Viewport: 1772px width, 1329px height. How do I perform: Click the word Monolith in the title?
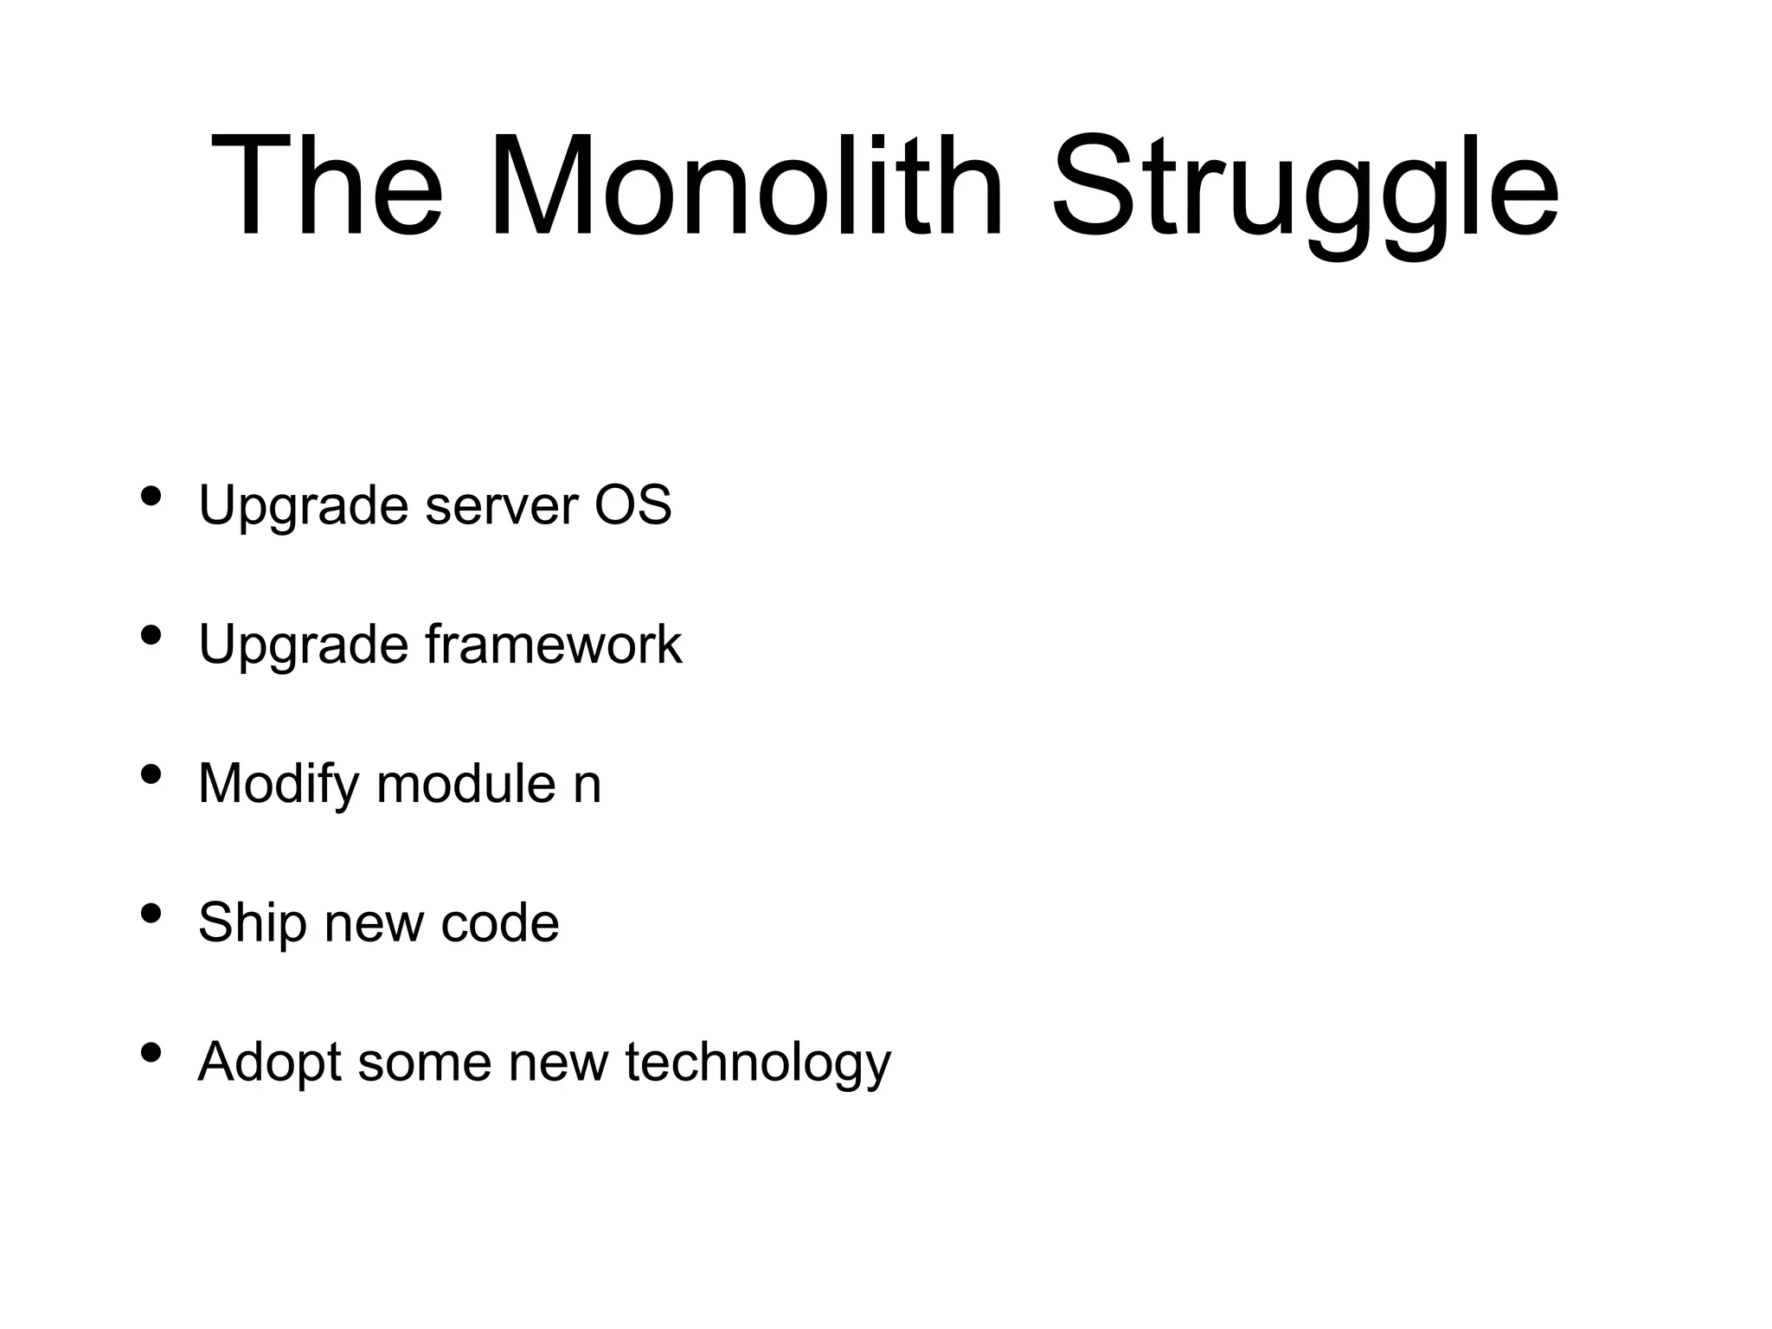746,186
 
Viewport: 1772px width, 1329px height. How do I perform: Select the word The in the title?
326,186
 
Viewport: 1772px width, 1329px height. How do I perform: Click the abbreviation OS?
632,505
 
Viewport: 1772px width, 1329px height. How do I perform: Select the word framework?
553,645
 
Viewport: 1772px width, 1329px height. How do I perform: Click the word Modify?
278,784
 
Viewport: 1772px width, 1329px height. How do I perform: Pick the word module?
465,784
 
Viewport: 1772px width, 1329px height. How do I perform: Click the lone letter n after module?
587,787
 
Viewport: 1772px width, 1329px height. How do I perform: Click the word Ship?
252,923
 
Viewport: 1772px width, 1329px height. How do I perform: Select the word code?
499,923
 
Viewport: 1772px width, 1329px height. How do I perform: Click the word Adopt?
269,1063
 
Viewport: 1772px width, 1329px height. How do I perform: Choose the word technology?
757,1064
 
